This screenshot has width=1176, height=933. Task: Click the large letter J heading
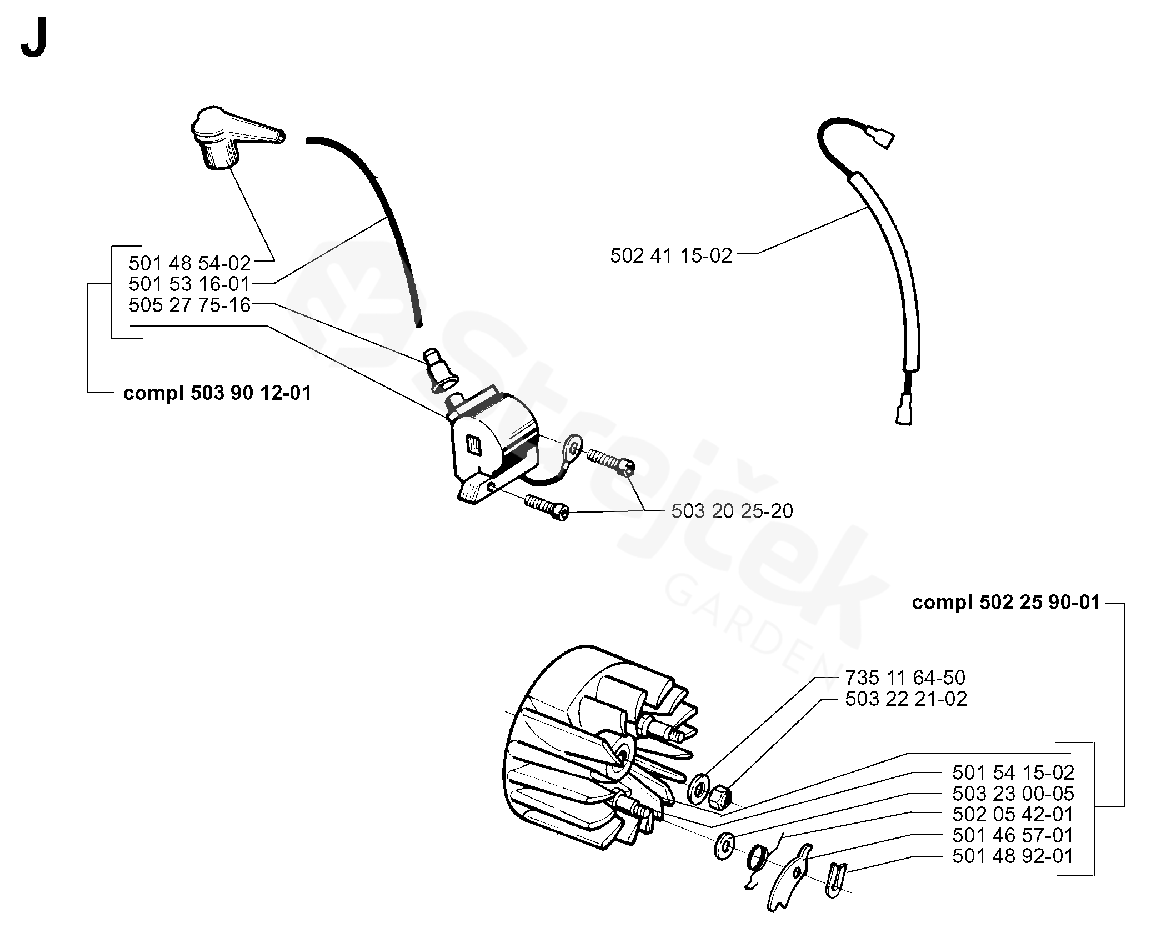click(33, 42)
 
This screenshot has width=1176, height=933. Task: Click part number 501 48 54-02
click(189, 263)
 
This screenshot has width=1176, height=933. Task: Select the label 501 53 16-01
click(189, 284)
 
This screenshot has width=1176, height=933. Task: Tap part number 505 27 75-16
click(189, 305)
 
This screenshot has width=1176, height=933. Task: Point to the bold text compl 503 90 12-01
click(217, 393)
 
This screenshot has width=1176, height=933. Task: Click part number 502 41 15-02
click(671, 255)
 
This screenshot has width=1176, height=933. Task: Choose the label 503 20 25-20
click(732, 511)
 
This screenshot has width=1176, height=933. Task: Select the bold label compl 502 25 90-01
click(1006, 603)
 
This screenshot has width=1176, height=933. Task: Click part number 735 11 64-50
click(905, 678)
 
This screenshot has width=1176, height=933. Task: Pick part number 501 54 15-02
click(1013, 773)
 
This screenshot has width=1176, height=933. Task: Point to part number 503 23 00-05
click(1013, 794)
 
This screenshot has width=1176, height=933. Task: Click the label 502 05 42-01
click(1013, 814)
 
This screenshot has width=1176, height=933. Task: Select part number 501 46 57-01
click(1013, 835)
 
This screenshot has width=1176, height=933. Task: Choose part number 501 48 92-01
click(1013, 856)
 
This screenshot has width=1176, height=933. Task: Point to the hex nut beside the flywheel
click(720, 798)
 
